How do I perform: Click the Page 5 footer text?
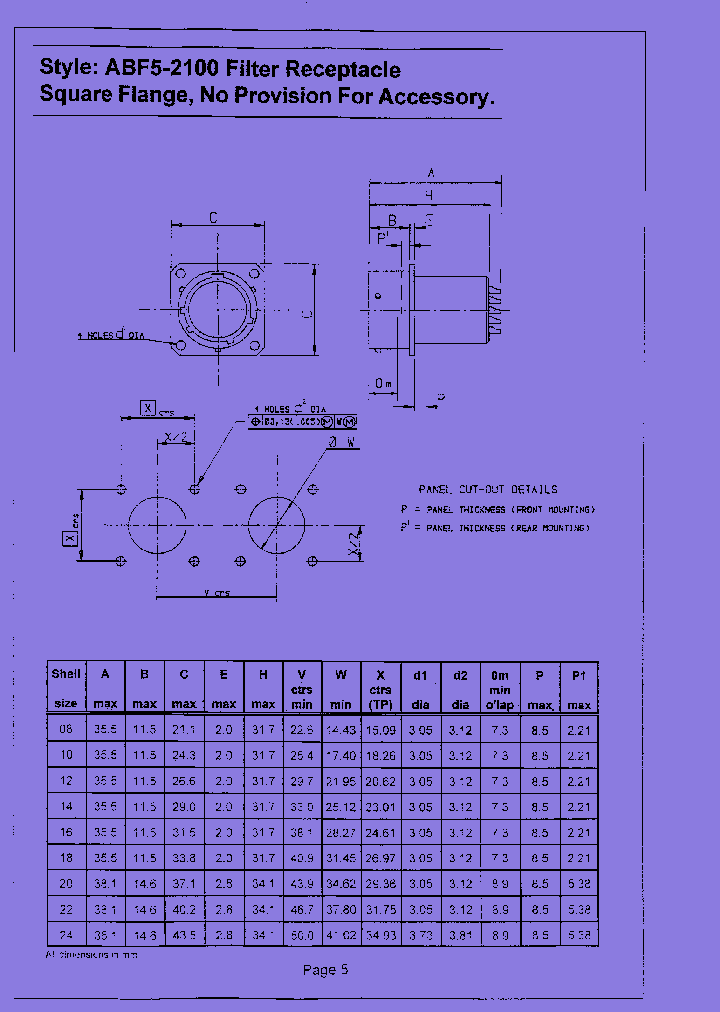pyautogui.click(x=326, y=969)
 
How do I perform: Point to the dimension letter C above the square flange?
pyautogui.click(x=214, y=217)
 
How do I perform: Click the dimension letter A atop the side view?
pyautogui.click(x=431, y=172)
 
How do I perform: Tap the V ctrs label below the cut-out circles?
pyautogui.click(x=216, y=594)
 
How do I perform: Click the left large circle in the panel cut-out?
pyautogui.click(x=157, y=525)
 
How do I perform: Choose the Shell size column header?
pyautogui.click(x=66, y=688)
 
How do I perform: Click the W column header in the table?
pyautogui.click(x=341, y=675)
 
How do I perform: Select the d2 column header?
pyautogui.click(x=460, y=688)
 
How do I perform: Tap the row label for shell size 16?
pyautogui.click(x=66, y=831)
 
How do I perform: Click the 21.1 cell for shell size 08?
pyautogui.click(x=183, y=730)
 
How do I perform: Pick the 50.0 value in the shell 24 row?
pyautogui.click(x=302, y=933)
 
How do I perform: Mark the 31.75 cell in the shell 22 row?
pyautogui.click(x=381, y=908)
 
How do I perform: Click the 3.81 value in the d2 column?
pyautogui.click(x=460, y=933)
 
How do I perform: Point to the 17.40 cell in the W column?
pyautogui.click(x=341, y=755)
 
